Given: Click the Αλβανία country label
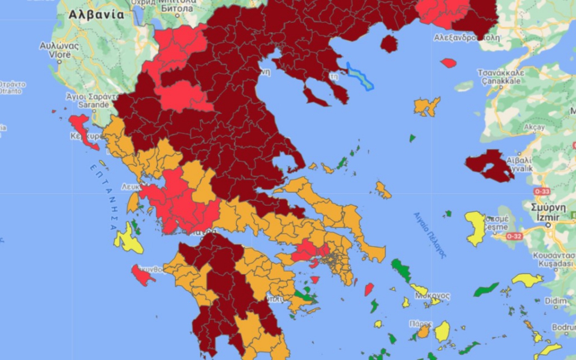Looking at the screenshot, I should click(96, 14).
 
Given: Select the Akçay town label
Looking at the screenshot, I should click(533, 127).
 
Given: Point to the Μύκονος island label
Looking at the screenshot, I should click(433, 296).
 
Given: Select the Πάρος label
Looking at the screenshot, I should click(421, 323).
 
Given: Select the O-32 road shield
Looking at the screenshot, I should click(514, 236).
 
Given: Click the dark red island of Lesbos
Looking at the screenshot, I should click(488, 165).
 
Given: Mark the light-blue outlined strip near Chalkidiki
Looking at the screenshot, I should click(360, 77).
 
